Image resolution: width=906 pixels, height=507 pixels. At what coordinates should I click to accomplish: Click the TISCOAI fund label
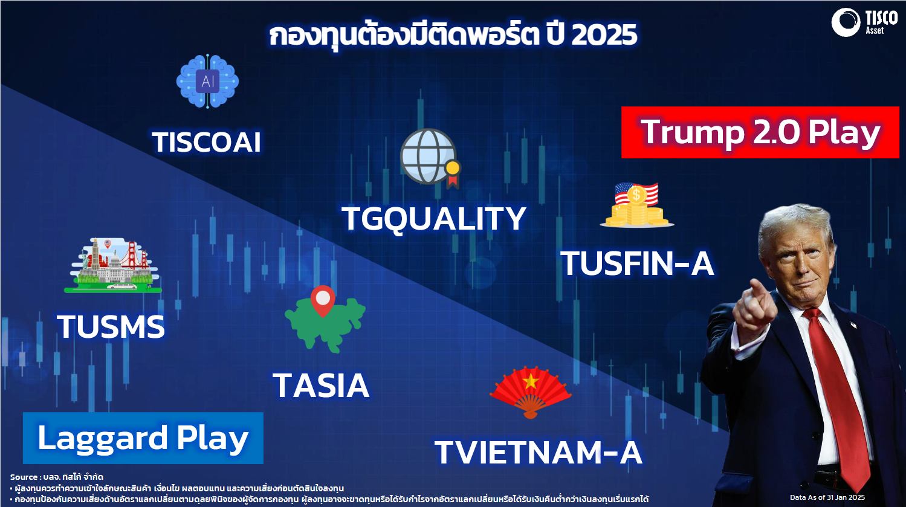coord(206,143)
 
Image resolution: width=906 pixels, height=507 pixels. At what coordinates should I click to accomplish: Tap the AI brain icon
coord(207,81)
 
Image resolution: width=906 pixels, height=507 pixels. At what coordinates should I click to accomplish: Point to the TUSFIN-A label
coord(637,263)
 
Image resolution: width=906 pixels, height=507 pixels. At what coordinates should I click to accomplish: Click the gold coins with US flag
coord(637,205)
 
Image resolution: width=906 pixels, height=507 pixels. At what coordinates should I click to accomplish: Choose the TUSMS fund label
coord(111,326)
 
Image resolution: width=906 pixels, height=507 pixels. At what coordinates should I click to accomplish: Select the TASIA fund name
coord(321,386)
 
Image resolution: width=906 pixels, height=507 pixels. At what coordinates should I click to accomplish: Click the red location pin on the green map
coord(323,299)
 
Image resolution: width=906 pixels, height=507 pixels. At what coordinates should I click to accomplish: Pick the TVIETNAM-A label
coord(539,453)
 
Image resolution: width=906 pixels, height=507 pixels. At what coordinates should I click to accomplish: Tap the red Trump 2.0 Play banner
coord(760,132)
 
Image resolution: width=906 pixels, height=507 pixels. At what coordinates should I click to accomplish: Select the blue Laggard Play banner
coord(143,438)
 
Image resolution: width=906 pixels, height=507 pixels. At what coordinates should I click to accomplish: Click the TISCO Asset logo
coord(864,22)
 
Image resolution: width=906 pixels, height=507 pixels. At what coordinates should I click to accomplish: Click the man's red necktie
coord(837,396)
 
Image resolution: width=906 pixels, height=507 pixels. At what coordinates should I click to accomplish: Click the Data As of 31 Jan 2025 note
coord(827,497)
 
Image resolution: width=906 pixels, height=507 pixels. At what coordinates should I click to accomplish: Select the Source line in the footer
coord(57,477)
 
